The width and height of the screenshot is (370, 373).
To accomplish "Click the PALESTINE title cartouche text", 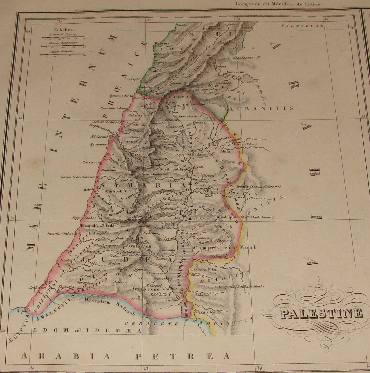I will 319,314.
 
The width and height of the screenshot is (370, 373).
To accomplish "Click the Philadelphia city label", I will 227,217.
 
